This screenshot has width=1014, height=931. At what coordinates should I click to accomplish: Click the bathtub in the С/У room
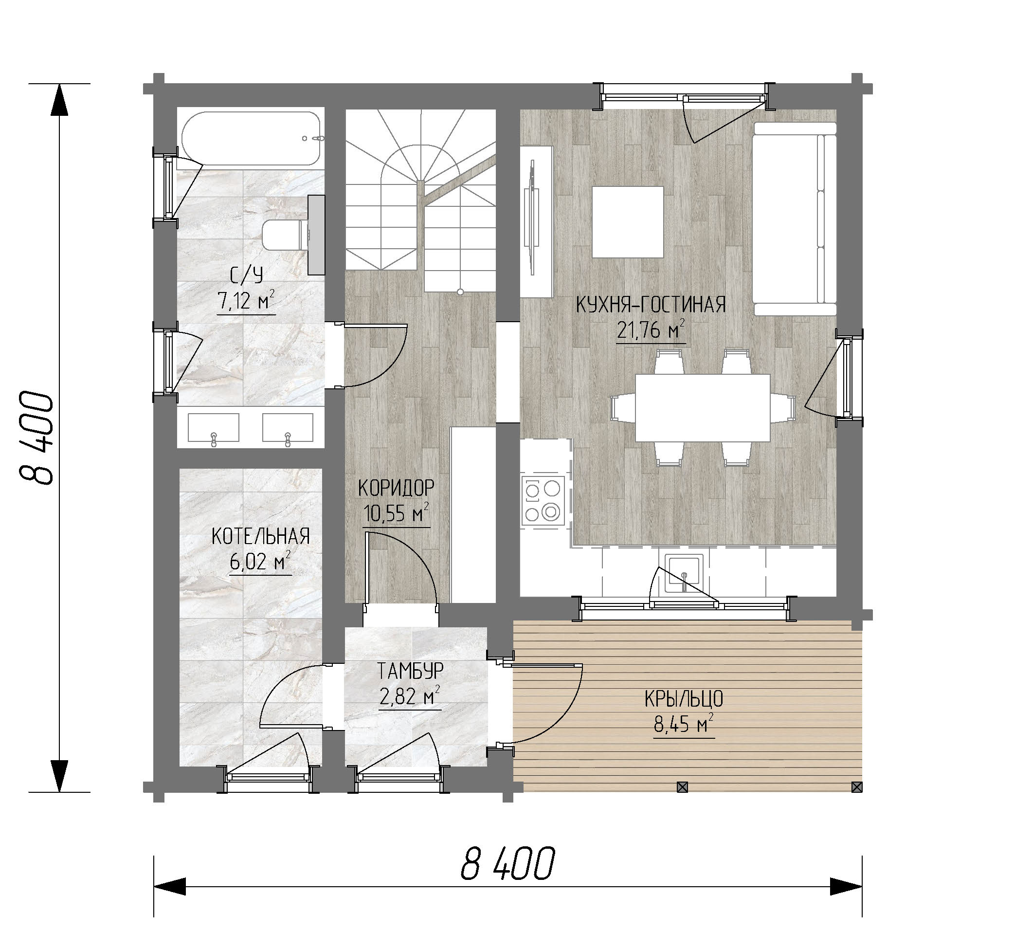click(x=251, y=139)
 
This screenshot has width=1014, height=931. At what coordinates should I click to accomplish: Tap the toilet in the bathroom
click(x=286, y=235)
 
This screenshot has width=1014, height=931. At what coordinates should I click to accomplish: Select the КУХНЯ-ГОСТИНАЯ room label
click(x=651, y=305)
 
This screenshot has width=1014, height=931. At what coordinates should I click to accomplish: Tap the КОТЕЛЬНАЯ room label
click(x=260, y=536)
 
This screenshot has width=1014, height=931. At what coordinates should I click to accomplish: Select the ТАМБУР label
click(x=411, y=671)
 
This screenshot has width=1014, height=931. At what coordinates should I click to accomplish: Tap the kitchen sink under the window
click(x=684, y=574)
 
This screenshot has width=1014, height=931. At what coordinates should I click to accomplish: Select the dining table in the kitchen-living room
click(x=703, y=407)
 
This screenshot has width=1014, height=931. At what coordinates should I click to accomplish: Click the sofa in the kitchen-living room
click(x=795, y=219)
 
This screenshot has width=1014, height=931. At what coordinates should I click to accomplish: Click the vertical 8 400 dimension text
click(x=36, y=438)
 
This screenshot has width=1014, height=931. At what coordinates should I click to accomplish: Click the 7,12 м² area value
click(x=246, y=301)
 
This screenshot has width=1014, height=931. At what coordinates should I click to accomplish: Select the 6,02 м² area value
click(x=260, y=561)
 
